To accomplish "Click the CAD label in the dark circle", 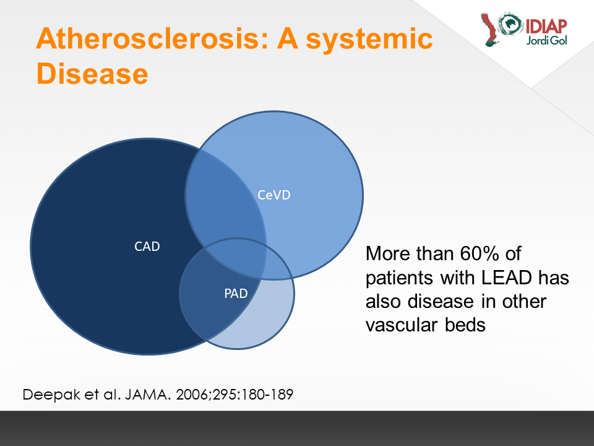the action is pos(147,247).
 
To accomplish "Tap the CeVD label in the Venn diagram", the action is pos(274,195).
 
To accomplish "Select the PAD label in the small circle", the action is pos(236,293).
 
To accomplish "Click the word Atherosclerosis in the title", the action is pos(152,38).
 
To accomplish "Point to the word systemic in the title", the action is pos(369,40).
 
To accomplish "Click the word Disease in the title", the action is pos(92,74).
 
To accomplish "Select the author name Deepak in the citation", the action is pos(51,395).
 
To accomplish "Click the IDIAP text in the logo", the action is pos(546,26).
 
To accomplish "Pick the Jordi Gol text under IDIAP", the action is pos(546,40).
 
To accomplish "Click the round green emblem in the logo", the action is pos(510,24).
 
